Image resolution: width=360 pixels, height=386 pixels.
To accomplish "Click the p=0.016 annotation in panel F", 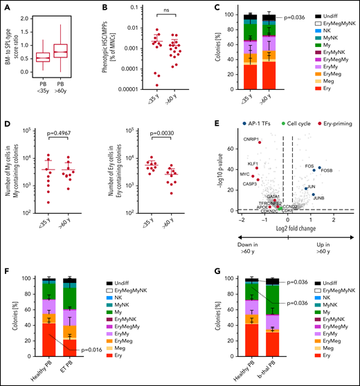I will click(91, 350).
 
